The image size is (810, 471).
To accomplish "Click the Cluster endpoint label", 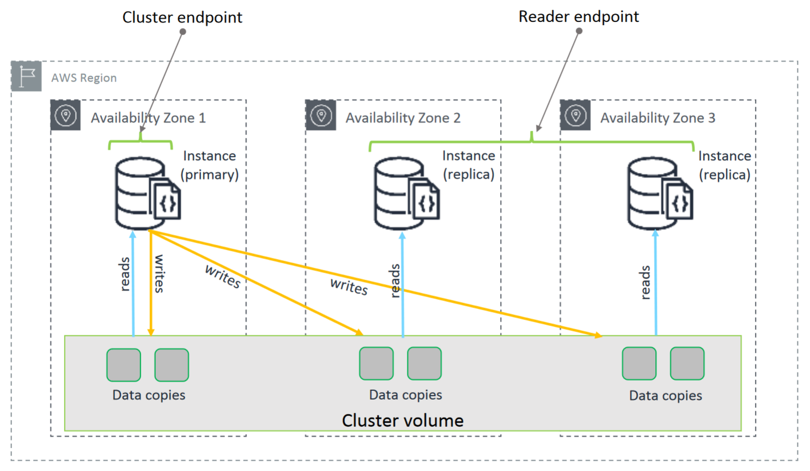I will click(x=182, y=17).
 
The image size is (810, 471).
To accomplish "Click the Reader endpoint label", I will click(x=578, y=17).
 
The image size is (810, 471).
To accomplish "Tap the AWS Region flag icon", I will click(x=26, y=76).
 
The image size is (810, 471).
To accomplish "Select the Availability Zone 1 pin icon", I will click(x=66, y=116).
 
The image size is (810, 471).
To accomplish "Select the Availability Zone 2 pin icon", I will click(x=321, y=116).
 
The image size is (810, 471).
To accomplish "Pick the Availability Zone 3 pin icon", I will click(x=575, y=116).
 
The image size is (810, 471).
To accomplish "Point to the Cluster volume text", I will click(x=403, y=420).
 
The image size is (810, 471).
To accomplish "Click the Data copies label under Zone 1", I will click(x=149, y=395).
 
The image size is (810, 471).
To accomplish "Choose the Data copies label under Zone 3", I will click(x=665, y=396).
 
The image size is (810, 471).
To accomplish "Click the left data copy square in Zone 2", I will click(x=376, y=364).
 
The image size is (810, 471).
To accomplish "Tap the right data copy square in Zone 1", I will click(x=172, y=365).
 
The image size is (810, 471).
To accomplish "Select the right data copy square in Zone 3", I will click(x=687, y=364).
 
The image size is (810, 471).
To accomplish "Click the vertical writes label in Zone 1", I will click(x=159, y=274).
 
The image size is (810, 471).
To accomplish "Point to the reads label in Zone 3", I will click(x=645, y=282).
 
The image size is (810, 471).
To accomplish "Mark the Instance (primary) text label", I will click(x=210, y=165).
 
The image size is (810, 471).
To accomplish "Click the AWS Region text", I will click(x=84, y=78).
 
